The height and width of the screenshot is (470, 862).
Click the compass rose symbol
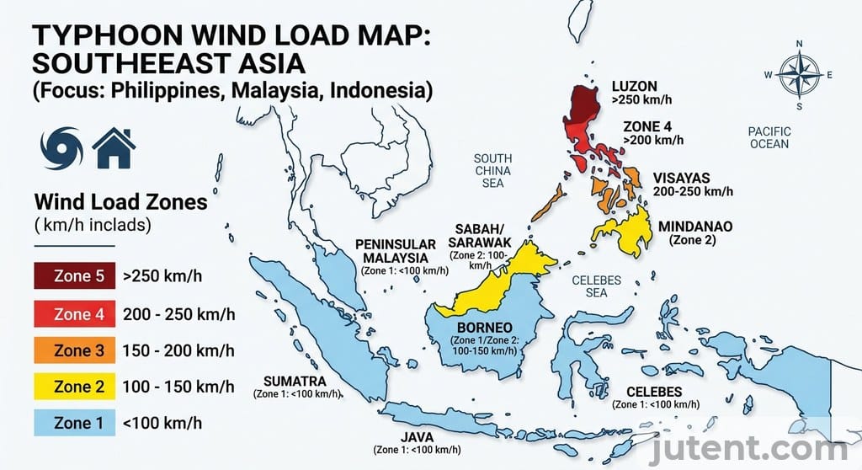(x=798, y=75)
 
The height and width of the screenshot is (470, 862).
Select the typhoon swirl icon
(x=61, y=147)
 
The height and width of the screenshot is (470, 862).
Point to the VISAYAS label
(x=681, y=179)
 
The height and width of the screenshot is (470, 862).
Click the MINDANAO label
(x=695, y=227)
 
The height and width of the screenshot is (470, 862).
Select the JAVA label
(x=418, y=437)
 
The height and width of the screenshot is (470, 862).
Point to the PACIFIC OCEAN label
(x=769, y=137)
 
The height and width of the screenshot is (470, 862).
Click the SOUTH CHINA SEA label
(x=492, y=170)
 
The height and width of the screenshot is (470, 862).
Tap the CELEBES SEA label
(x=595, y=286)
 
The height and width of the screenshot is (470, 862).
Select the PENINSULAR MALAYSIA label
(x=395, y=251)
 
